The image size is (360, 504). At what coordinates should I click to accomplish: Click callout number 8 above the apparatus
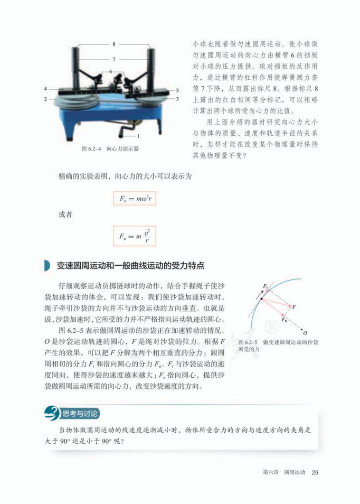coord(113,44)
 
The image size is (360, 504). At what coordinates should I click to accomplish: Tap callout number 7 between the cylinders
coord(113,59)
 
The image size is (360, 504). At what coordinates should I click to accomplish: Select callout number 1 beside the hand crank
coord(138,136)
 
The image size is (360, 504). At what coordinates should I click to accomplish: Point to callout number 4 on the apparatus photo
coord(46,89)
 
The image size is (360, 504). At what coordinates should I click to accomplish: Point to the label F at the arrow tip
coord(294,306)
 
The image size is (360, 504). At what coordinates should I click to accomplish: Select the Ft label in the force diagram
coord(264,286)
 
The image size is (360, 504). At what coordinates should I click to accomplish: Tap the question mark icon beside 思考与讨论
coord(52,413)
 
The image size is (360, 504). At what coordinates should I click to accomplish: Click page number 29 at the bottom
coord(315,472)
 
